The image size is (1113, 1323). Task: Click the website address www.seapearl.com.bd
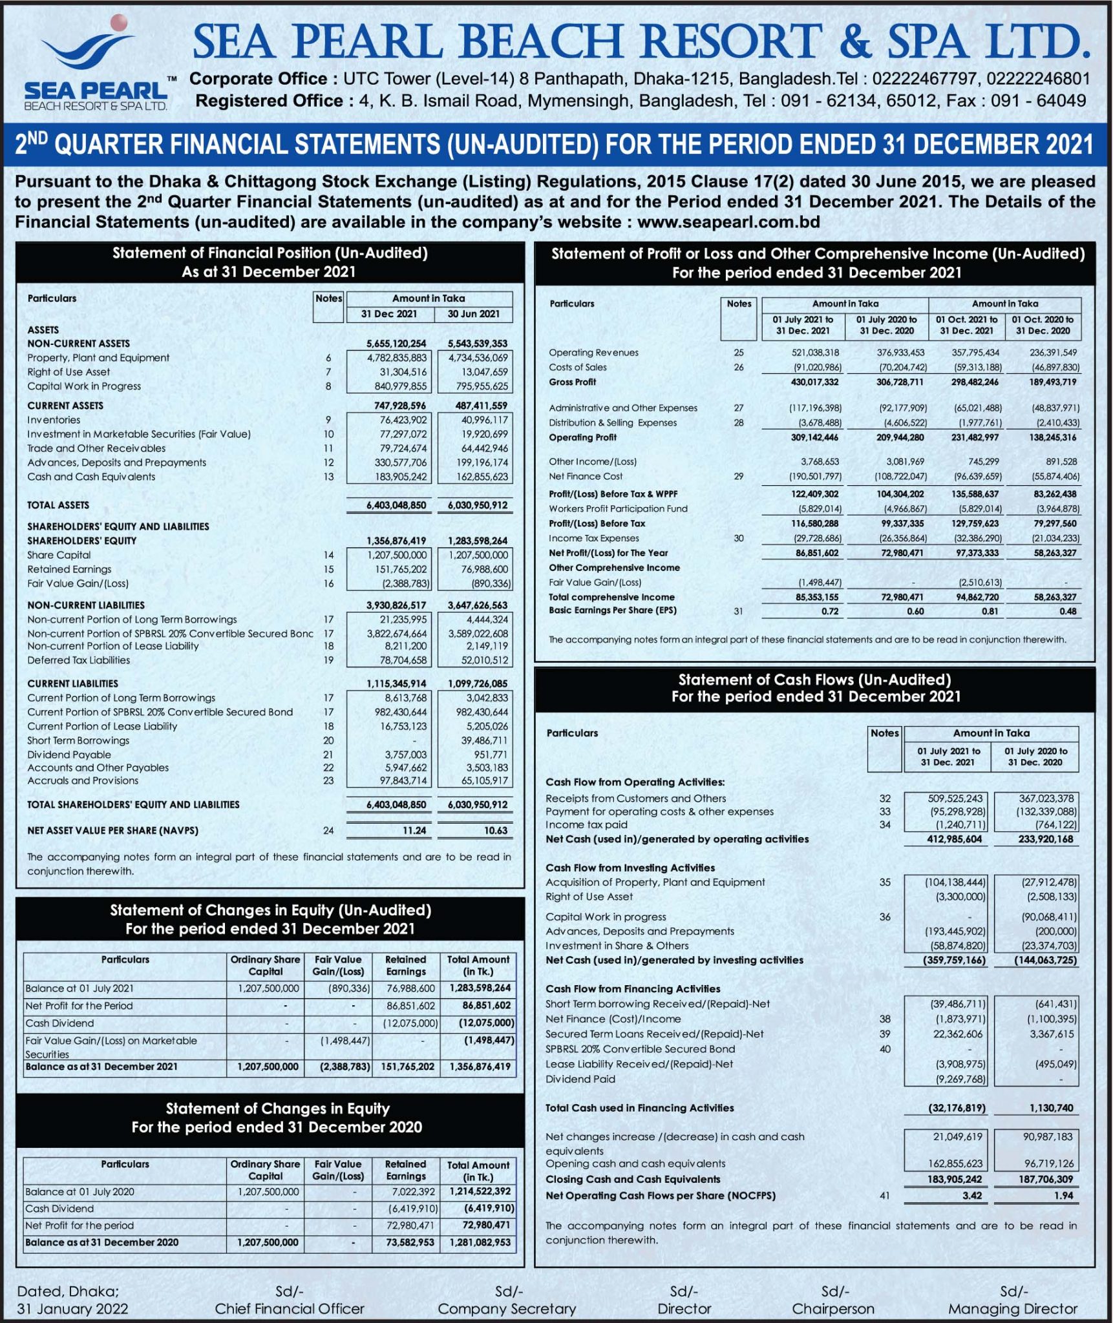728,222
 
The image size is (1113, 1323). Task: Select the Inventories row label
54,420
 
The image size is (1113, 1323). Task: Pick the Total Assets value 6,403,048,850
396,505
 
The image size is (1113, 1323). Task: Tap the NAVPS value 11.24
414,831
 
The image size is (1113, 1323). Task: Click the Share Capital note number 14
328,555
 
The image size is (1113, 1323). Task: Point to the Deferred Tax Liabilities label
78,660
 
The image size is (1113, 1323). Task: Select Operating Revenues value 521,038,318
815,353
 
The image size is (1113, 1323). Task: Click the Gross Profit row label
572,382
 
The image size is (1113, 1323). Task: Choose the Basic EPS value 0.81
990,611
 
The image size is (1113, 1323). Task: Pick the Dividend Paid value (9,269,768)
957,1079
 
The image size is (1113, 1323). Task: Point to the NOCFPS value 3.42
971,1196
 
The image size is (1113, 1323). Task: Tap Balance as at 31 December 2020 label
101,1242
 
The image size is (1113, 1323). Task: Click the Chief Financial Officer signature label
290,1309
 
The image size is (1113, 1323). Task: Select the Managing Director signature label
1013,1309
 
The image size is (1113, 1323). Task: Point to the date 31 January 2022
72,1309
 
